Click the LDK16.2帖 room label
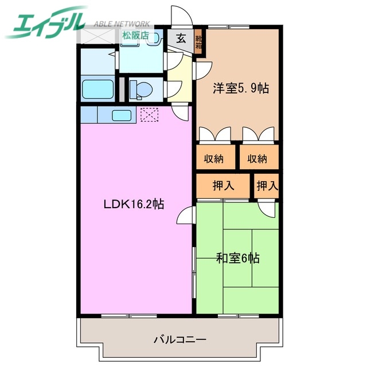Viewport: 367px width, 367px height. [x=134, y=204]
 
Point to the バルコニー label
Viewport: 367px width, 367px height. [x=179, y=339]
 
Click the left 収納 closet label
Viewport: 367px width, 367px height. [x=210, y=158]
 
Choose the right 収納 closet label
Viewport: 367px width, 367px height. [x=257, y=158]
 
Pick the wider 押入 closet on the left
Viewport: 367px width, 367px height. [x=222, y=185]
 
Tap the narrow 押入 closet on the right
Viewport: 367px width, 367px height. [x=267, y=185]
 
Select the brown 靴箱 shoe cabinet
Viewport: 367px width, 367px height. [x=198, y=41]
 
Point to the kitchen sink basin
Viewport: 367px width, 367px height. [x=122, y=115]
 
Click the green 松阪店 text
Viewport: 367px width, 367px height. [x=135, y=34]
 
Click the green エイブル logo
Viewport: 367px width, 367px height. [x=46, y=23]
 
